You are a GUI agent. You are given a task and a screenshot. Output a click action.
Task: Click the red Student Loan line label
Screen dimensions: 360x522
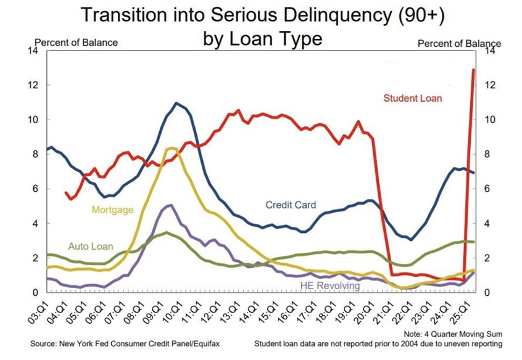click(x=412, y=98)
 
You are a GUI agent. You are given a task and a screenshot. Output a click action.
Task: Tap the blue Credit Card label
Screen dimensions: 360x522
click(x=291, y=205)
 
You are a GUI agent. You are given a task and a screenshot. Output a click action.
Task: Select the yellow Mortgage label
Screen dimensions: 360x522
click(x=112, y=210)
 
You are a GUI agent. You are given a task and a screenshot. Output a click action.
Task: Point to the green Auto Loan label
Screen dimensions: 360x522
click(x=91, y=247)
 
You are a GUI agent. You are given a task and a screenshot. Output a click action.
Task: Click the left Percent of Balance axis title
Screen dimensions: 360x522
click(x=76, y=43)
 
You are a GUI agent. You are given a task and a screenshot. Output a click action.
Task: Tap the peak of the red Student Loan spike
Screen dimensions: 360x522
click(x=473, y=70)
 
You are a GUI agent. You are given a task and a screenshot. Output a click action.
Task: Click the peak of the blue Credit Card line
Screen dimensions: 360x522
click(x=176, y=103)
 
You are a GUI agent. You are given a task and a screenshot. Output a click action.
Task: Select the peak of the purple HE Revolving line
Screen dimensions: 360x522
click(x=170, y=205)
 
